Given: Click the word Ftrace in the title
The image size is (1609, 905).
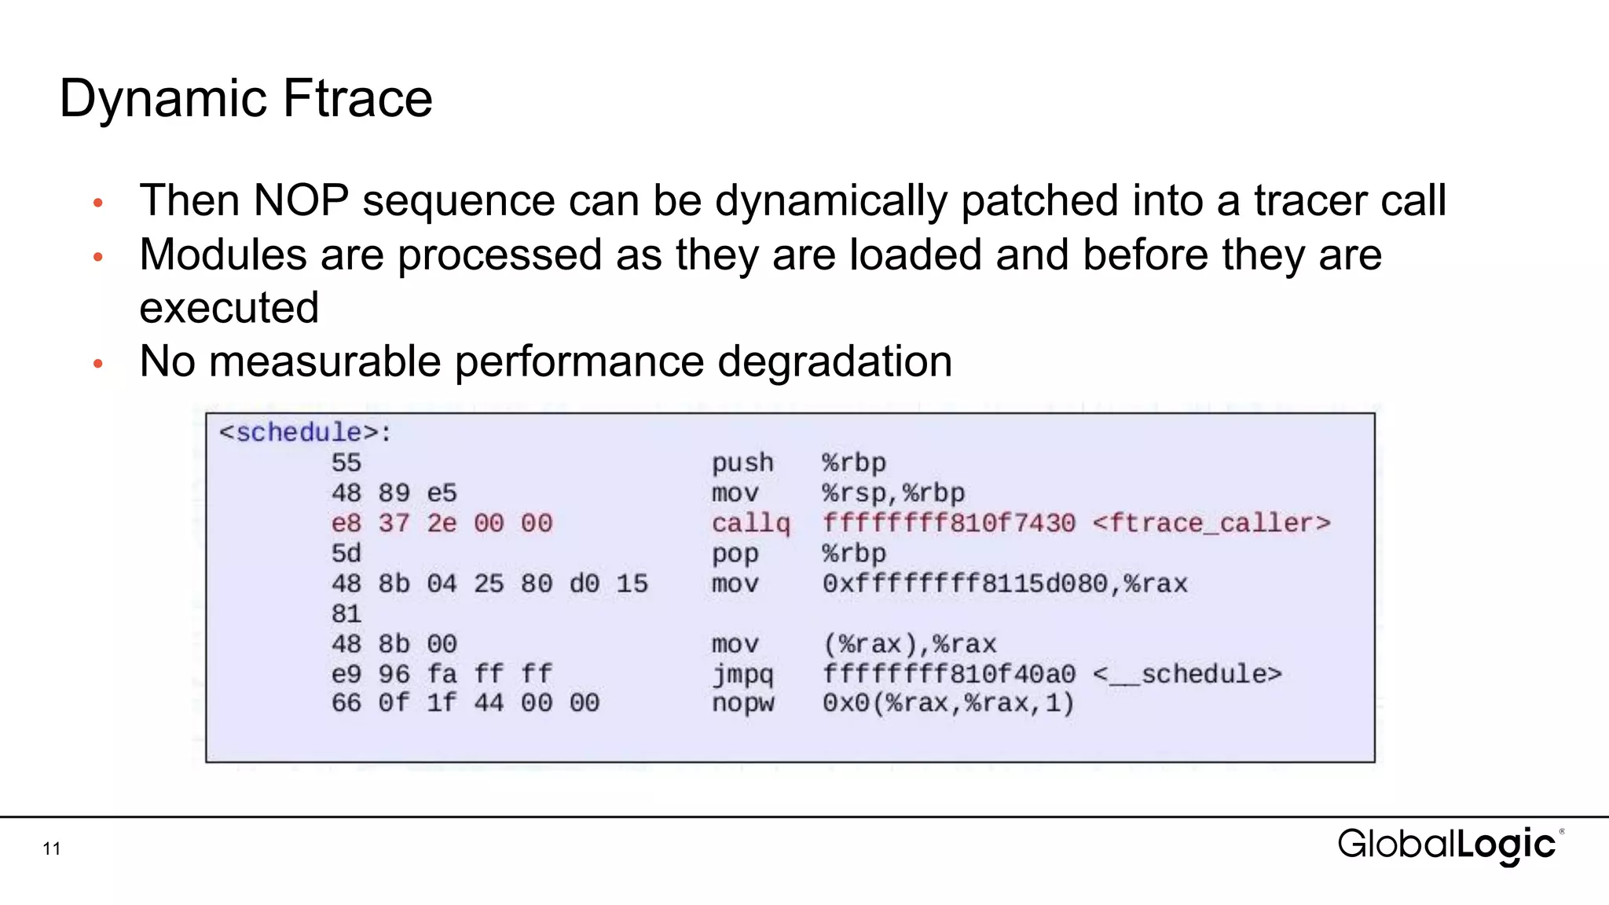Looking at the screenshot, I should click(357, 99).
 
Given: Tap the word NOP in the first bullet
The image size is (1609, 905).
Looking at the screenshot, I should click(301, 200).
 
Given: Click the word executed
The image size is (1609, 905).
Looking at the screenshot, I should click(229, 307).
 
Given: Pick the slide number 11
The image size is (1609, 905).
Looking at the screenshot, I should click(52, 848).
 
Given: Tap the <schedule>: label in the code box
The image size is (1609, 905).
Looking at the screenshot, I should click(305, 432).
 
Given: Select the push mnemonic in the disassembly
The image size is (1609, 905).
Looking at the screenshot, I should click(742, 463).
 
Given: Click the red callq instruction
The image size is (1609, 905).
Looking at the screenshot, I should click(750, 523).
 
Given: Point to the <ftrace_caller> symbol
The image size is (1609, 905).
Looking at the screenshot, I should click(1211, 523).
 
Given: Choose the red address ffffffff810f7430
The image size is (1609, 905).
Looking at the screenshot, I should click(948, 523).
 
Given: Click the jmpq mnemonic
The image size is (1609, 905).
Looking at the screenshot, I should click(742, 674).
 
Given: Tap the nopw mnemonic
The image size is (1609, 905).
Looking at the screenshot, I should click(742, 703).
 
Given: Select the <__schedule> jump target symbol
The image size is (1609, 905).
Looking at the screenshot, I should click(1187, 674).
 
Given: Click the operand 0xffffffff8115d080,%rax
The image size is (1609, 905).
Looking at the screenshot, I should click(1005, 584).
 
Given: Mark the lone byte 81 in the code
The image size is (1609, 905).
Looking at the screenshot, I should click(346, 614).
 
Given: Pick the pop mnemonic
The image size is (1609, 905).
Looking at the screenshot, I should click(735, 553).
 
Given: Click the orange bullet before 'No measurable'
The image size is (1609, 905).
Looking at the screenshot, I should click(98, 364).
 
